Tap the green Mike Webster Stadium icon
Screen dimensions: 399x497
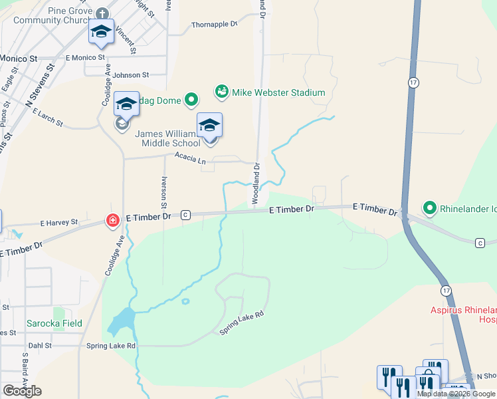click(x=222, y=91)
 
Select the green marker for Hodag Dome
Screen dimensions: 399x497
click(x=191, y=100)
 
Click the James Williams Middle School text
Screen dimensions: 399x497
click(x=167, y=138)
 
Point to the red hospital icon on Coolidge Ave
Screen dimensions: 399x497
click(x=113, y=220)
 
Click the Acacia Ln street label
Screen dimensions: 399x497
click(x=190, y=158)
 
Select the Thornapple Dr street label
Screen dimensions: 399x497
click(x=214, y=25)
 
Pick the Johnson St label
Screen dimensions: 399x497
click(x=130, y=76)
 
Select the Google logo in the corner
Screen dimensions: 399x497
click(x=22, y=391)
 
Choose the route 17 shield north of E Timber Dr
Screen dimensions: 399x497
click(x=413, y=81)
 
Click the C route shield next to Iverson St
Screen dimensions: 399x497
click(x=185, y=215)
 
